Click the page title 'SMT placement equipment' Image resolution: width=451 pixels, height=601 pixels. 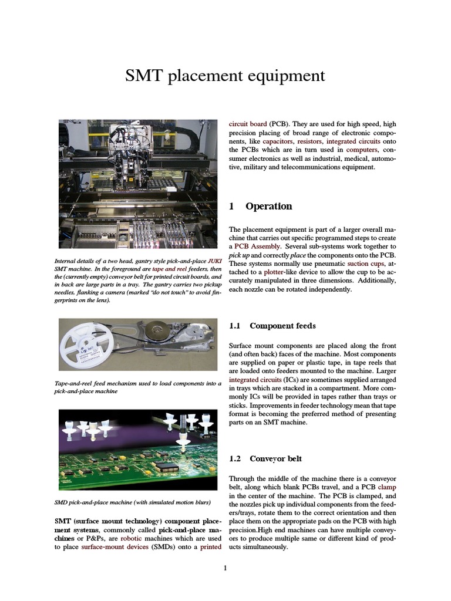coord(225,76)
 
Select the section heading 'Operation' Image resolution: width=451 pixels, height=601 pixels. coord(268,206)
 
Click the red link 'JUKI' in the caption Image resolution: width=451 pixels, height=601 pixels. coord(213,261)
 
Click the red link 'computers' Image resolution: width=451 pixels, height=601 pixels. coord(357,150)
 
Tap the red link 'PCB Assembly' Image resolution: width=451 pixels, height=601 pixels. coord(257,247)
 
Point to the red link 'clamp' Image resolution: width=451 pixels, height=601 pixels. coord(387,487)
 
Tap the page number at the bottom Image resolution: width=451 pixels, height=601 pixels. coord(225,568)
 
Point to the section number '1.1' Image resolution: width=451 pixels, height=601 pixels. coord(234,326)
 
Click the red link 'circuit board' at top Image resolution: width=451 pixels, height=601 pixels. coord(248,124)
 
